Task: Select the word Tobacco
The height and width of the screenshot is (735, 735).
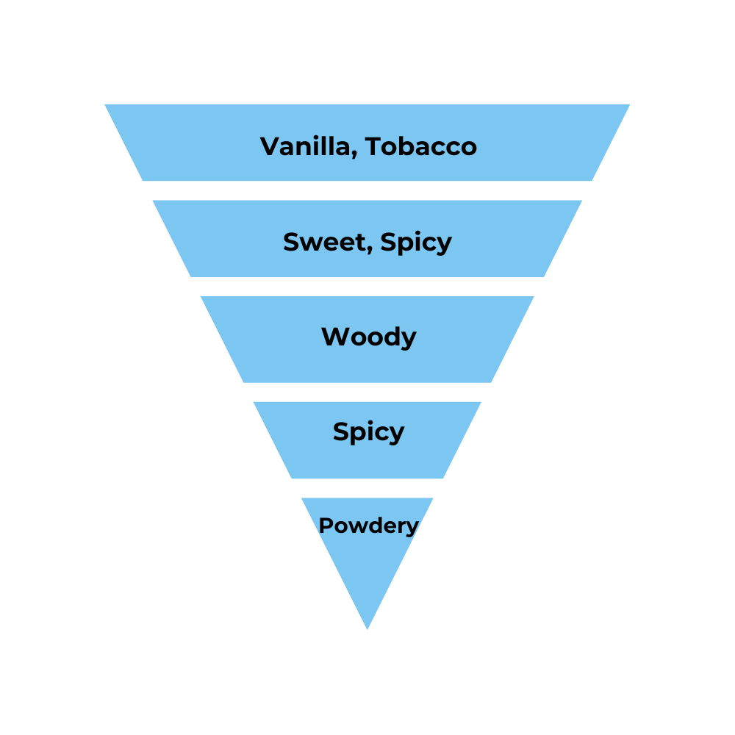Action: pyautogui.click(x=421, y=146)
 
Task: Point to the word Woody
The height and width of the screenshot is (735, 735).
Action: pyautogui.click(x=368, y=337)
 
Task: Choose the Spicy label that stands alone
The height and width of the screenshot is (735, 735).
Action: pyautogui.click(x=368, y=432)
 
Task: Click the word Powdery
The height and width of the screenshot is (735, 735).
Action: pyautogui.click(x=368, y=526)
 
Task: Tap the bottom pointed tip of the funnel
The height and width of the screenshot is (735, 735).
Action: pyautogui.click(x=367, y=628)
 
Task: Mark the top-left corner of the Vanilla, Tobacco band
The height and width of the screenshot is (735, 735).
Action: pyautogui.click(x=106, y=105)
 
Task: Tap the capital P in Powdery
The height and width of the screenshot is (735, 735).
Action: pyautogui.click(x=324, y=526)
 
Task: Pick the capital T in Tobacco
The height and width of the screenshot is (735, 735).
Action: pyautogui.click(x=376, y=146)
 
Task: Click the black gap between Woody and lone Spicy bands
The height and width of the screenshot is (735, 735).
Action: pyautogui.click(x=367, y=392)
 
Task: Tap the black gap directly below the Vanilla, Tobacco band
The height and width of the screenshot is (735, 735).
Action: pyautogui.click(x=367, y=190)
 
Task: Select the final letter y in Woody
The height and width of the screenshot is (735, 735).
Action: pyautogui.click(x=409, y=340)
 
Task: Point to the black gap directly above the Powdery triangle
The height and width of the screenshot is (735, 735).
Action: pyautogui.click(x=367, y=488)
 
